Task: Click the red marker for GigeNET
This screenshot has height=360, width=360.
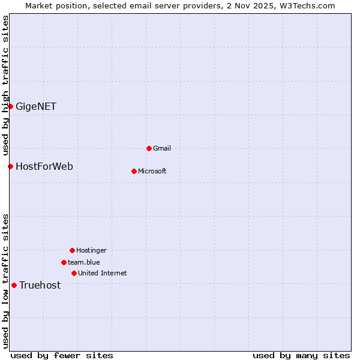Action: tap(10, 106)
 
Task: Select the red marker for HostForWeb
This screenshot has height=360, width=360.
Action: tap(10, 166)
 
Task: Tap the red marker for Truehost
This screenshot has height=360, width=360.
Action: tap(14, 285)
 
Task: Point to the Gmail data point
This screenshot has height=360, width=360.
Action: tap(149, 148)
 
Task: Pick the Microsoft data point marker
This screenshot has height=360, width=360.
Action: tap(134, 171)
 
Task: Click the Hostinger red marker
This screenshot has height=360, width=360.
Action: tap(72, 250)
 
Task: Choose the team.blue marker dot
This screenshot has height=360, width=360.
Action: tap(64, 262)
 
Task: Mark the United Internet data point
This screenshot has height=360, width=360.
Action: tap(74, 273)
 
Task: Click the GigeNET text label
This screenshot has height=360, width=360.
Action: tap(36, 107)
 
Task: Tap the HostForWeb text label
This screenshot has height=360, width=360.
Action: tap(44, 167)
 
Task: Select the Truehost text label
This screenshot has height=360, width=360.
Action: tap(40, 286)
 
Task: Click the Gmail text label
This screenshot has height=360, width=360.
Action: tap(162, 148)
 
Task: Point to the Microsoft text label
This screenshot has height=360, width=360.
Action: tap(152, 172)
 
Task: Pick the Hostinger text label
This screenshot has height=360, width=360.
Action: tap(91, 251)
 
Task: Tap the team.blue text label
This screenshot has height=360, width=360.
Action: tap(84, 262)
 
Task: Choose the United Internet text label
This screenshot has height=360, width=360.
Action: tap(103, 274)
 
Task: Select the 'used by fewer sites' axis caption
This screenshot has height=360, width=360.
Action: tap(62, 355)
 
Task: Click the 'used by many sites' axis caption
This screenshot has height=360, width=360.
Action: tap(301, 355)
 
